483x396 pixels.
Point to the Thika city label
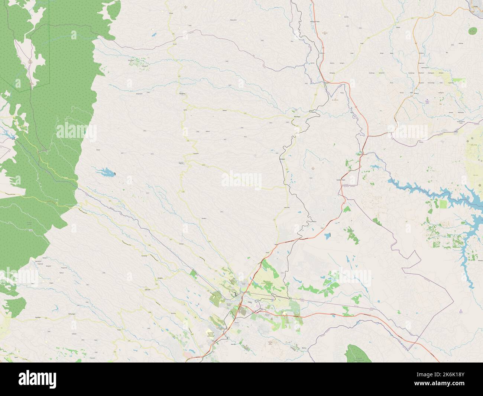pos(255,302)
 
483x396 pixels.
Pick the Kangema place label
pos(182,94)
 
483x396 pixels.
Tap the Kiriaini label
pos(175,44)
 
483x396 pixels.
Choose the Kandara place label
pos(203,218)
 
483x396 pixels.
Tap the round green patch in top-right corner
pos(473,30)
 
